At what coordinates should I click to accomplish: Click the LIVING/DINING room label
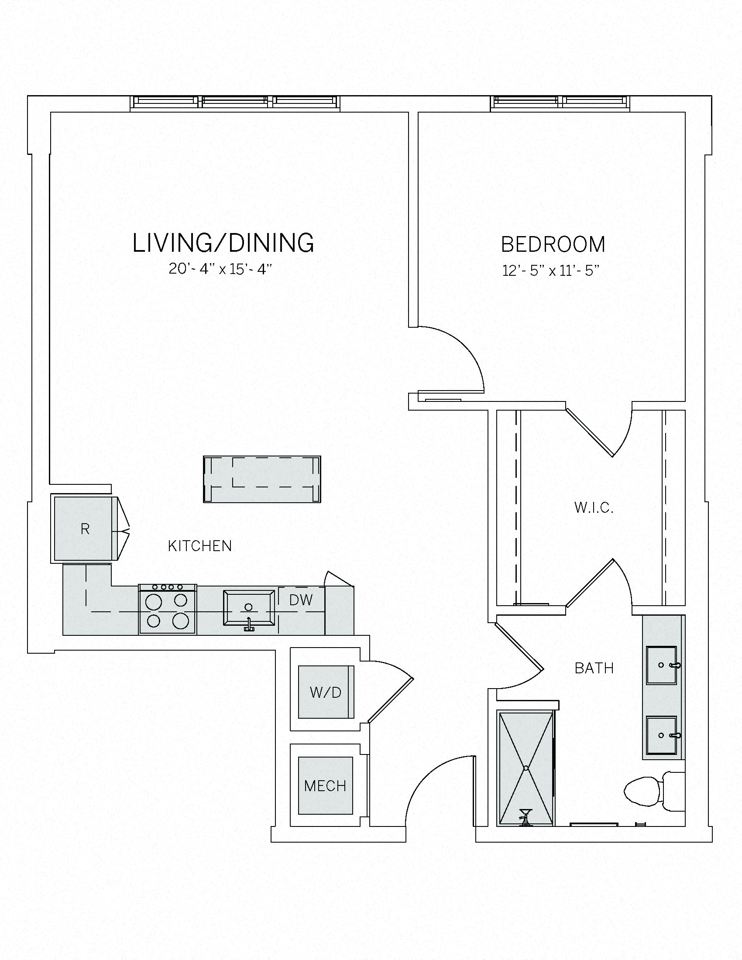[223, 243]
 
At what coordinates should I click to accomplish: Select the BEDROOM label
[553, 244]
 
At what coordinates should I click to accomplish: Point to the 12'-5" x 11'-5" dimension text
[551, 270]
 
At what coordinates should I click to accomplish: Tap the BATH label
[594, 668]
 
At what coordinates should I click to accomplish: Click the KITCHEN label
[199, 546]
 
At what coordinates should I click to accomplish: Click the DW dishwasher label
[301, 600]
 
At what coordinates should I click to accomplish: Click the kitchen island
[262, 479]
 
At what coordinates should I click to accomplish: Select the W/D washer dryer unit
[326, 693]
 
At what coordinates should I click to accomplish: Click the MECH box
[325, 785]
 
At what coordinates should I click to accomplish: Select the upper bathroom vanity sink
[661, 665]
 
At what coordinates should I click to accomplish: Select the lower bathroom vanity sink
[661, 735]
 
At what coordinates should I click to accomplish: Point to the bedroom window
[561, 102]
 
